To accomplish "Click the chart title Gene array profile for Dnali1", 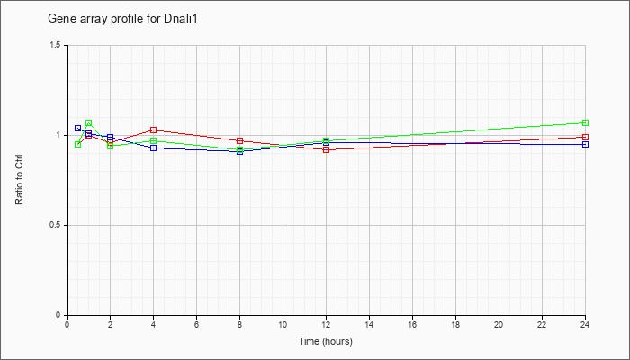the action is [122, 19].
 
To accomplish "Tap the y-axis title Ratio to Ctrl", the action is [19, 180].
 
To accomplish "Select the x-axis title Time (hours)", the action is [326, 341].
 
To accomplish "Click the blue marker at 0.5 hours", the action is [78, 128].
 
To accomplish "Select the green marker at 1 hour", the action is [89, 122].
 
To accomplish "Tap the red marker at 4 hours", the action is [154, 130].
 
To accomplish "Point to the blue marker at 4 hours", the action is [154, 148].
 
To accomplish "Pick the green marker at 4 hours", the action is [154, 140].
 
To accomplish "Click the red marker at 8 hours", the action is [240, 140].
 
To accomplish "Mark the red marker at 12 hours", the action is [326, 150].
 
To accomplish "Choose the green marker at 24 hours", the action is [585, 122].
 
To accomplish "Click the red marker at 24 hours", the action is [585, 137].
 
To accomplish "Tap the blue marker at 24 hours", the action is [585, 144].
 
